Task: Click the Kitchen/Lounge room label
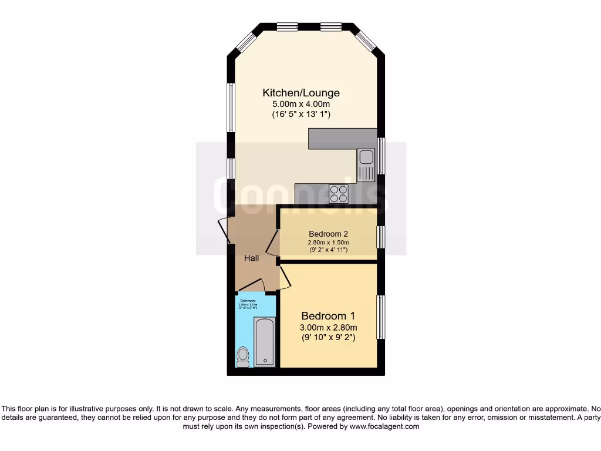tap(300, 93)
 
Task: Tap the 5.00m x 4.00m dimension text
tap(300, 104)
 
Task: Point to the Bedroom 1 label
tap(329, 315)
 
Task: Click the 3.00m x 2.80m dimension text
tap(329, 327)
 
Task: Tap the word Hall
tap(252, 258)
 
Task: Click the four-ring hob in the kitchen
tap(339, 190)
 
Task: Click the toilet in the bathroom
tap(242, 356)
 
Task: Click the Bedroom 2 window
tap(381, 237)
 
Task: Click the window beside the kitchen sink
tap(381, 156)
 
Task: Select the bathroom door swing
tap(251, 286)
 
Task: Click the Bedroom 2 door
tap(272, 243)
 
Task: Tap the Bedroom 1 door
tap(284, 278)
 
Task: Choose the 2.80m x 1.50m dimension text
tap(329, 242)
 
